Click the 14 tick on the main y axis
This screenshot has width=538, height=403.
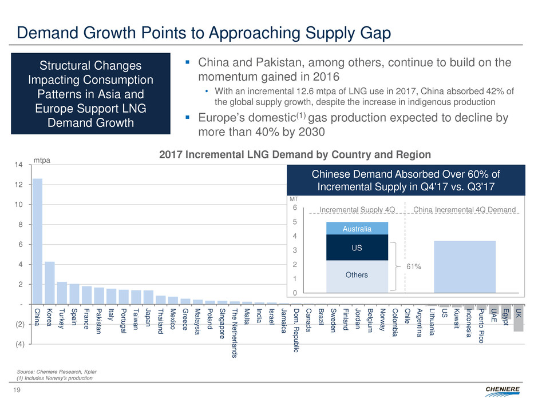19,165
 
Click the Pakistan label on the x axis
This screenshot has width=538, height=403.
99,322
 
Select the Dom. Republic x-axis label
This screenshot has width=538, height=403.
296,330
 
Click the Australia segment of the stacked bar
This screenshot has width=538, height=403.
357,229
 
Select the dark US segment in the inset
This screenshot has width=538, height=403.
357,248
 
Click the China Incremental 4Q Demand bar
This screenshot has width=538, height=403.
464,266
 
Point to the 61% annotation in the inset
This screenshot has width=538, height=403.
414,266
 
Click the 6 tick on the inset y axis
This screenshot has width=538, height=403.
294,209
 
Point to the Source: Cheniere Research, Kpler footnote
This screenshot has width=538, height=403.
54,371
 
